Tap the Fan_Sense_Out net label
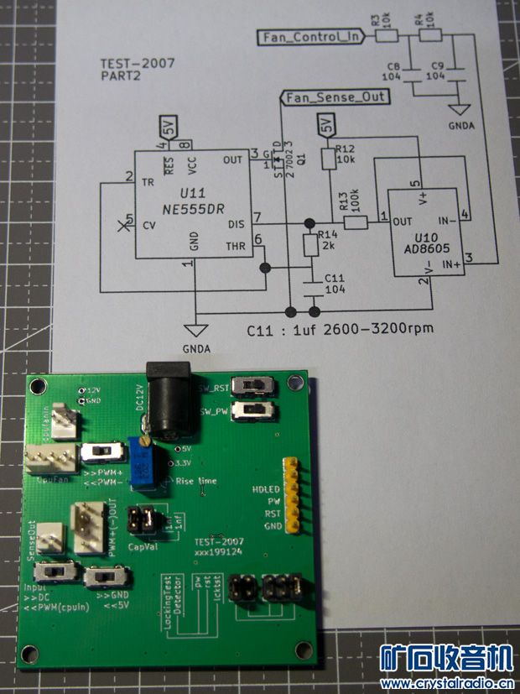tap(335, 97)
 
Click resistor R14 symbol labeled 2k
tap(309, 246)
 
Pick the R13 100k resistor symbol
tap(356, 223)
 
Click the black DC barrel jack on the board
tap(173, 400)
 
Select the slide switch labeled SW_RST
tap(254, 385)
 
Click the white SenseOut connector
tap(51, 537)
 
